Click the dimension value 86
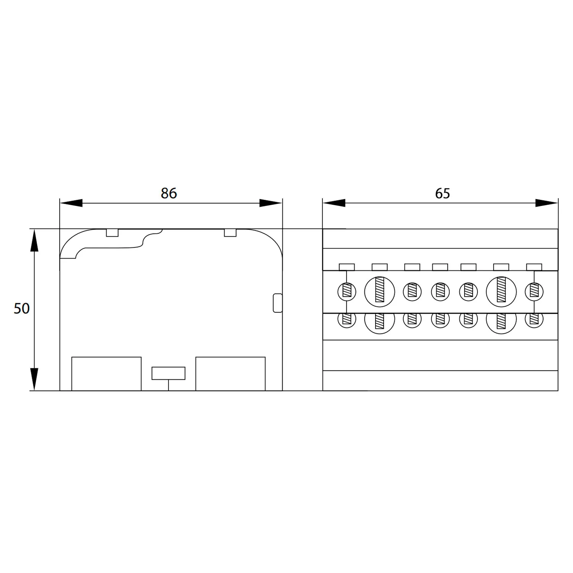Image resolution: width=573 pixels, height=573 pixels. pyautogui.click(x=168, y=193)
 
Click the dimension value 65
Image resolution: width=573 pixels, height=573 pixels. pyautogui.click(x=442, y=193)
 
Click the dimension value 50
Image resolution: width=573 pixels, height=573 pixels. pyautogui.click(x=21, y=308)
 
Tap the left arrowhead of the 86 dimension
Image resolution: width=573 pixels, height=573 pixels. pyautogui.click(x=71, y=203)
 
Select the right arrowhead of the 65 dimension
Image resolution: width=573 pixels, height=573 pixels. pyautogui.click(x=547, y=203)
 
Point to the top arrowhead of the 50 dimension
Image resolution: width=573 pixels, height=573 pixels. pyautogui.click(x=34, y=241)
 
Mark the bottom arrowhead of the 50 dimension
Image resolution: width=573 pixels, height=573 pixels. pyautogui.click(x=34, y=379)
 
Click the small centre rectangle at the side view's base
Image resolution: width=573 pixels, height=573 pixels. pyautogui.click(x=168, y=373)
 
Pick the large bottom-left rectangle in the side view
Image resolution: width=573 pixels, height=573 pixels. pyautogui.click(x=107, y=374)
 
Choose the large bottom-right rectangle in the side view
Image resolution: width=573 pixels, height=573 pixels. pyautogui.click(x=230, y=374)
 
